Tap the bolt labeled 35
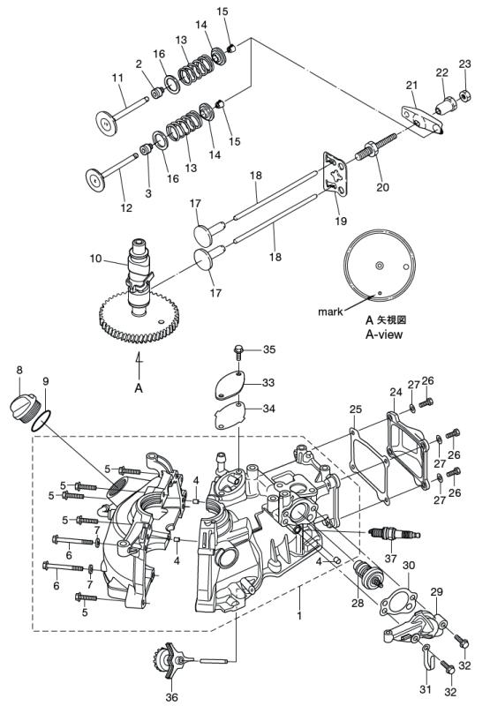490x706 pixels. (238, 352)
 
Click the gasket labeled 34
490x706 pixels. (230, 412)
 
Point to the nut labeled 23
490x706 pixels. (462, 93)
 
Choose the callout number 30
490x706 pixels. (408, 566)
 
